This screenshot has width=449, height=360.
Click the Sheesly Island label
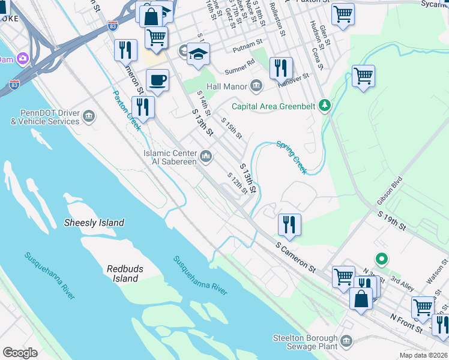pos(94,223)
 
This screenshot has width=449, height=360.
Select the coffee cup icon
pos(158,80)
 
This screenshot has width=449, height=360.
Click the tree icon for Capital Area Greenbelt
pos(325,106)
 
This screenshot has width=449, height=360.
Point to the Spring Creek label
pos(292,157)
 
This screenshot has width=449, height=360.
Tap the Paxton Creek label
pos(127,110)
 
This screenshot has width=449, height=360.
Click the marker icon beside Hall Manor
pos(256,86)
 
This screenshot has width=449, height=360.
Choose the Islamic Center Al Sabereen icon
pos(206,157)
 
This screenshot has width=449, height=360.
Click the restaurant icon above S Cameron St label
pos(289,224)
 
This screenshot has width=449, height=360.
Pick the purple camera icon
pos(23,59)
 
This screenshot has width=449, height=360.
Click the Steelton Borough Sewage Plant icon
pos(346,341)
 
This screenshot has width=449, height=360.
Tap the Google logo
pos(20,353)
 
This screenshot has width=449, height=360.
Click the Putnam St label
pos(247,43)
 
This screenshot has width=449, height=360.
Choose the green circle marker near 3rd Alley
pos(381,259)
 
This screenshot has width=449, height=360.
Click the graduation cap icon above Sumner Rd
pos(197,54)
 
